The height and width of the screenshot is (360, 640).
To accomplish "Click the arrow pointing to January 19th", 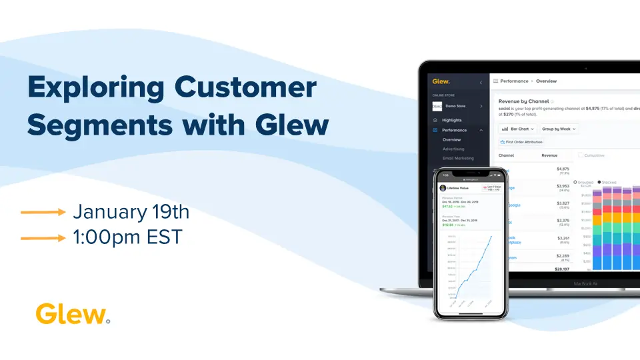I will click(43, 213).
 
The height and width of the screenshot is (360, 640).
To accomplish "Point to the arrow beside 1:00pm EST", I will click(43, 237).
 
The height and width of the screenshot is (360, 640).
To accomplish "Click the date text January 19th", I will click(131, 212).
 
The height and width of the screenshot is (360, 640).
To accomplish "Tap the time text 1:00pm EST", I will click(127, 237).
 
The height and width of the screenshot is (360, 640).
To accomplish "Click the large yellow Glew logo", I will click(71, 313).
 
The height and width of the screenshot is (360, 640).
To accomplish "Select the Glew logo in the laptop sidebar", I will click(441, 81).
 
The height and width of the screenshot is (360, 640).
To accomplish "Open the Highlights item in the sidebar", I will click(451, 120).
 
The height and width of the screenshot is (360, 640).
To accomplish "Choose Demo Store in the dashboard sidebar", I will click(455, 105).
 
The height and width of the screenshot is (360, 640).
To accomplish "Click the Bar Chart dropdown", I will click(517, 129).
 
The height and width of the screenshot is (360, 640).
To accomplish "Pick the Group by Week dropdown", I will click(559, 129).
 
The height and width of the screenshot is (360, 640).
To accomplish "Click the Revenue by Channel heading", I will click(523, 101).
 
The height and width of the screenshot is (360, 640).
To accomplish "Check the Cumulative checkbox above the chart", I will click(581, 155).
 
